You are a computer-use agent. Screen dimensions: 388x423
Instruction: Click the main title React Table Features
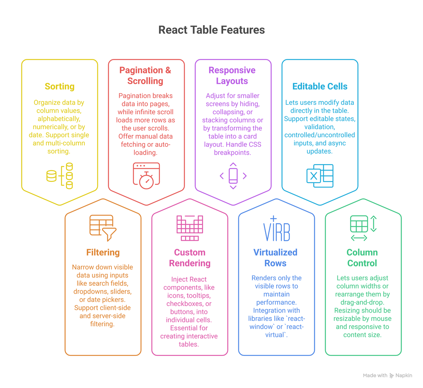(x=211, y=30)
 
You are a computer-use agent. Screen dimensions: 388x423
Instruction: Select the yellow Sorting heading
(x=59, y=87)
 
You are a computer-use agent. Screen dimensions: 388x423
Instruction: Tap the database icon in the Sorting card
(x=59, y=176)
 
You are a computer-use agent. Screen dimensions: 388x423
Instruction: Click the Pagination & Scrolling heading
(x=145, y=75)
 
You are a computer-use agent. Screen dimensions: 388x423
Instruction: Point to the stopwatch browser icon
(x=146, y=176)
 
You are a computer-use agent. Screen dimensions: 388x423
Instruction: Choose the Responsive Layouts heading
(x=232, y=75)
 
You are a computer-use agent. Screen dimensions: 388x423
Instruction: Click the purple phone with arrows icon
(x=233, y=176)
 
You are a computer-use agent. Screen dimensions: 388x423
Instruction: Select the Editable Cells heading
(x=320, y=87)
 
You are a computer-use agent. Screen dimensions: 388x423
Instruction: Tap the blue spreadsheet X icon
(x=320, y=176)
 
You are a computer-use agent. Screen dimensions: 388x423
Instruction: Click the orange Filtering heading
(x=103, y=252)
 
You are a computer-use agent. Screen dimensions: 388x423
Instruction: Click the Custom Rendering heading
(x=190, y=258)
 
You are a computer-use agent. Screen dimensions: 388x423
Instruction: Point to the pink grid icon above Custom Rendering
(x=190, y=228)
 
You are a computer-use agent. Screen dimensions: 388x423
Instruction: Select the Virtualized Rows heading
(x=275, y=258)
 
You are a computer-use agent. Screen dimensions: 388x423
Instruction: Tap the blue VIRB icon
(x=276, y=229)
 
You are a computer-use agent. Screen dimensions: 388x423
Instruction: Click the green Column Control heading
(x=362, y=258)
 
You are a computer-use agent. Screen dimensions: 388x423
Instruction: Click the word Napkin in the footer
(x=404, y=376)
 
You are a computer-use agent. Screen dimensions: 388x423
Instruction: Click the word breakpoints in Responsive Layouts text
(x=232, y=153)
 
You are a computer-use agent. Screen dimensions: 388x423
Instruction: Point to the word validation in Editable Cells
(x=320, y=127)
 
